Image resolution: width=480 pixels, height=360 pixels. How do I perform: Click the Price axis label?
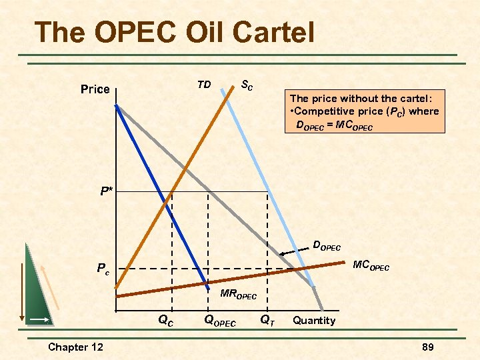95,89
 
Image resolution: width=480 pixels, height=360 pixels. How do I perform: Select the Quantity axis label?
314,321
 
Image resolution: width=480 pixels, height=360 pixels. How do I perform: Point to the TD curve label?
204,85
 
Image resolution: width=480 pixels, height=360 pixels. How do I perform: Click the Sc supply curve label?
247,85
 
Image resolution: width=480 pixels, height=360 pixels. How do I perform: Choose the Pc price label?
103,269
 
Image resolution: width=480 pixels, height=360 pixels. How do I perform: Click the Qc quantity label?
166,320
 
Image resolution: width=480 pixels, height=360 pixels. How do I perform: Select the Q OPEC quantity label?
219,321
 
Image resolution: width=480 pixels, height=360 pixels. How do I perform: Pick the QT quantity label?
267,321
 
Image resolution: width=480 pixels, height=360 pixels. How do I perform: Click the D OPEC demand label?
327,245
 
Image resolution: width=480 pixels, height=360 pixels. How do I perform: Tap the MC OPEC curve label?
371,267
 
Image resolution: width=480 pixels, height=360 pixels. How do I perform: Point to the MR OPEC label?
238,294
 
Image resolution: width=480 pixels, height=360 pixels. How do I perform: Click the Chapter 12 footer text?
76,347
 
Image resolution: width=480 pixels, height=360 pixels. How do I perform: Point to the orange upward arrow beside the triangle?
51,287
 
